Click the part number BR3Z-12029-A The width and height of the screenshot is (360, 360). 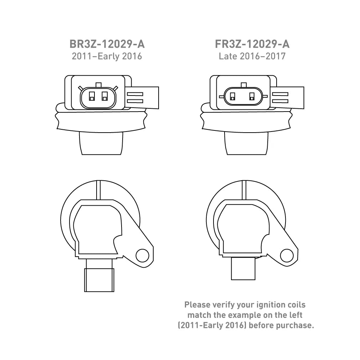point(107,44)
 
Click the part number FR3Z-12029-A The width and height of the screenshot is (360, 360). point(252,44)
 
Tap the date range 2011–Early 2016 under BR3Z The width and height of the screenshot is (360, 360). point(107,56)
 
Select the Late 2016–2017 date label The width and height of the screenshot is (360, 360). point(252,56)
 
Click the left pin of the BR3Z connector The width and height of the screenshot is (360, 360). point(92,96)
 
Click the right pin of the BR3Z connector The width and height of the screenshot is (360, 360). point(105,96)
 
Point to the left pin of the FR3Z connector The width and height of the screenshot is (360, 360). point(232,97)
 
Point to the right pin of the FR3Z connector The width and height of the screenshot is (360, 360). point(252,97)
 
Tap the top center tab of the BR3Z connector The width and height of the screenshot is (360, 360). point(98,85)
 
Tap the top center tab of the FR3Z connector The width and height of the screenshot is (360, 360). point(244,85)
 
